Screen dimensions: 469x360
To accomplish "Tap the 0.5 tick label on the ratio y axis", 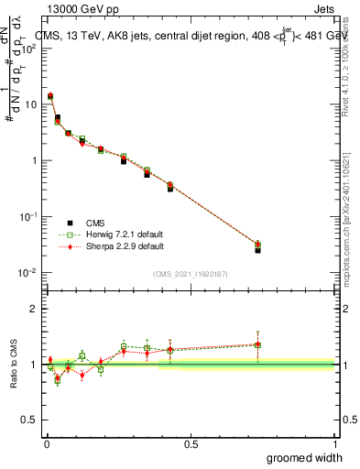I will pos(31,420).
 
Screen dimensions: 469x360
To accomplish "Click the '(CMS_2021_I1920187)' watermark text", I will pos(190,273).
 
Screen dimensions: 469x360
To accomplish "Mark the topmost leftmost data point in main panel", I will pos(50,95).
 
